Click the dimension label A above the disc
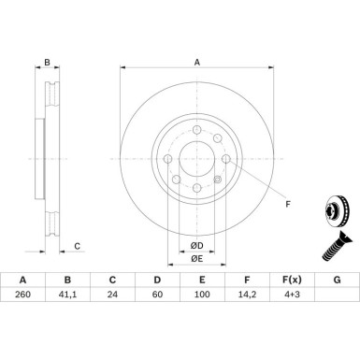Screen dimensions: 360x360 click(x=196, y=63)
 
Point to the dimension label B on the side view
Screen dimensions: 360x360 click(x=47, y=64)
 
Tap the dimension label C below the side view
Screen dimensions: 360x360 click(x=78, y=247)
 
